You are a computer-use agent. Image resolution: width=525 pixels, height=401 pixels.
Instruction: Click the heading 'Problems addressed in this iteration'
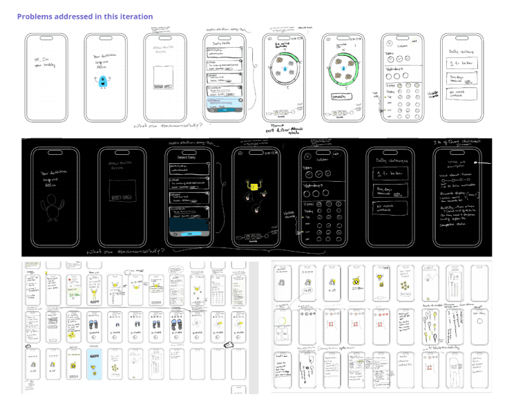pos(85,17)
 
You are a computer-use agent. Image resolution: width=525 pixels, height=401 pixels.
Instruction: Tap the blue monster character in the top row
pos(104,82)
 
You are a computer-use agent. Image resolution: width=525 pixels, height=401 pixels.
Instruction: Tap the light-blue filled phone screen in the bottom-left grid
pos(93,364)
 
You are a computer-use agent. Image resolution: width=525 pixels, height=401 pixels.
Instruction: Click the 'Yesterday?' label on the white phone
pos(396,69)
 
